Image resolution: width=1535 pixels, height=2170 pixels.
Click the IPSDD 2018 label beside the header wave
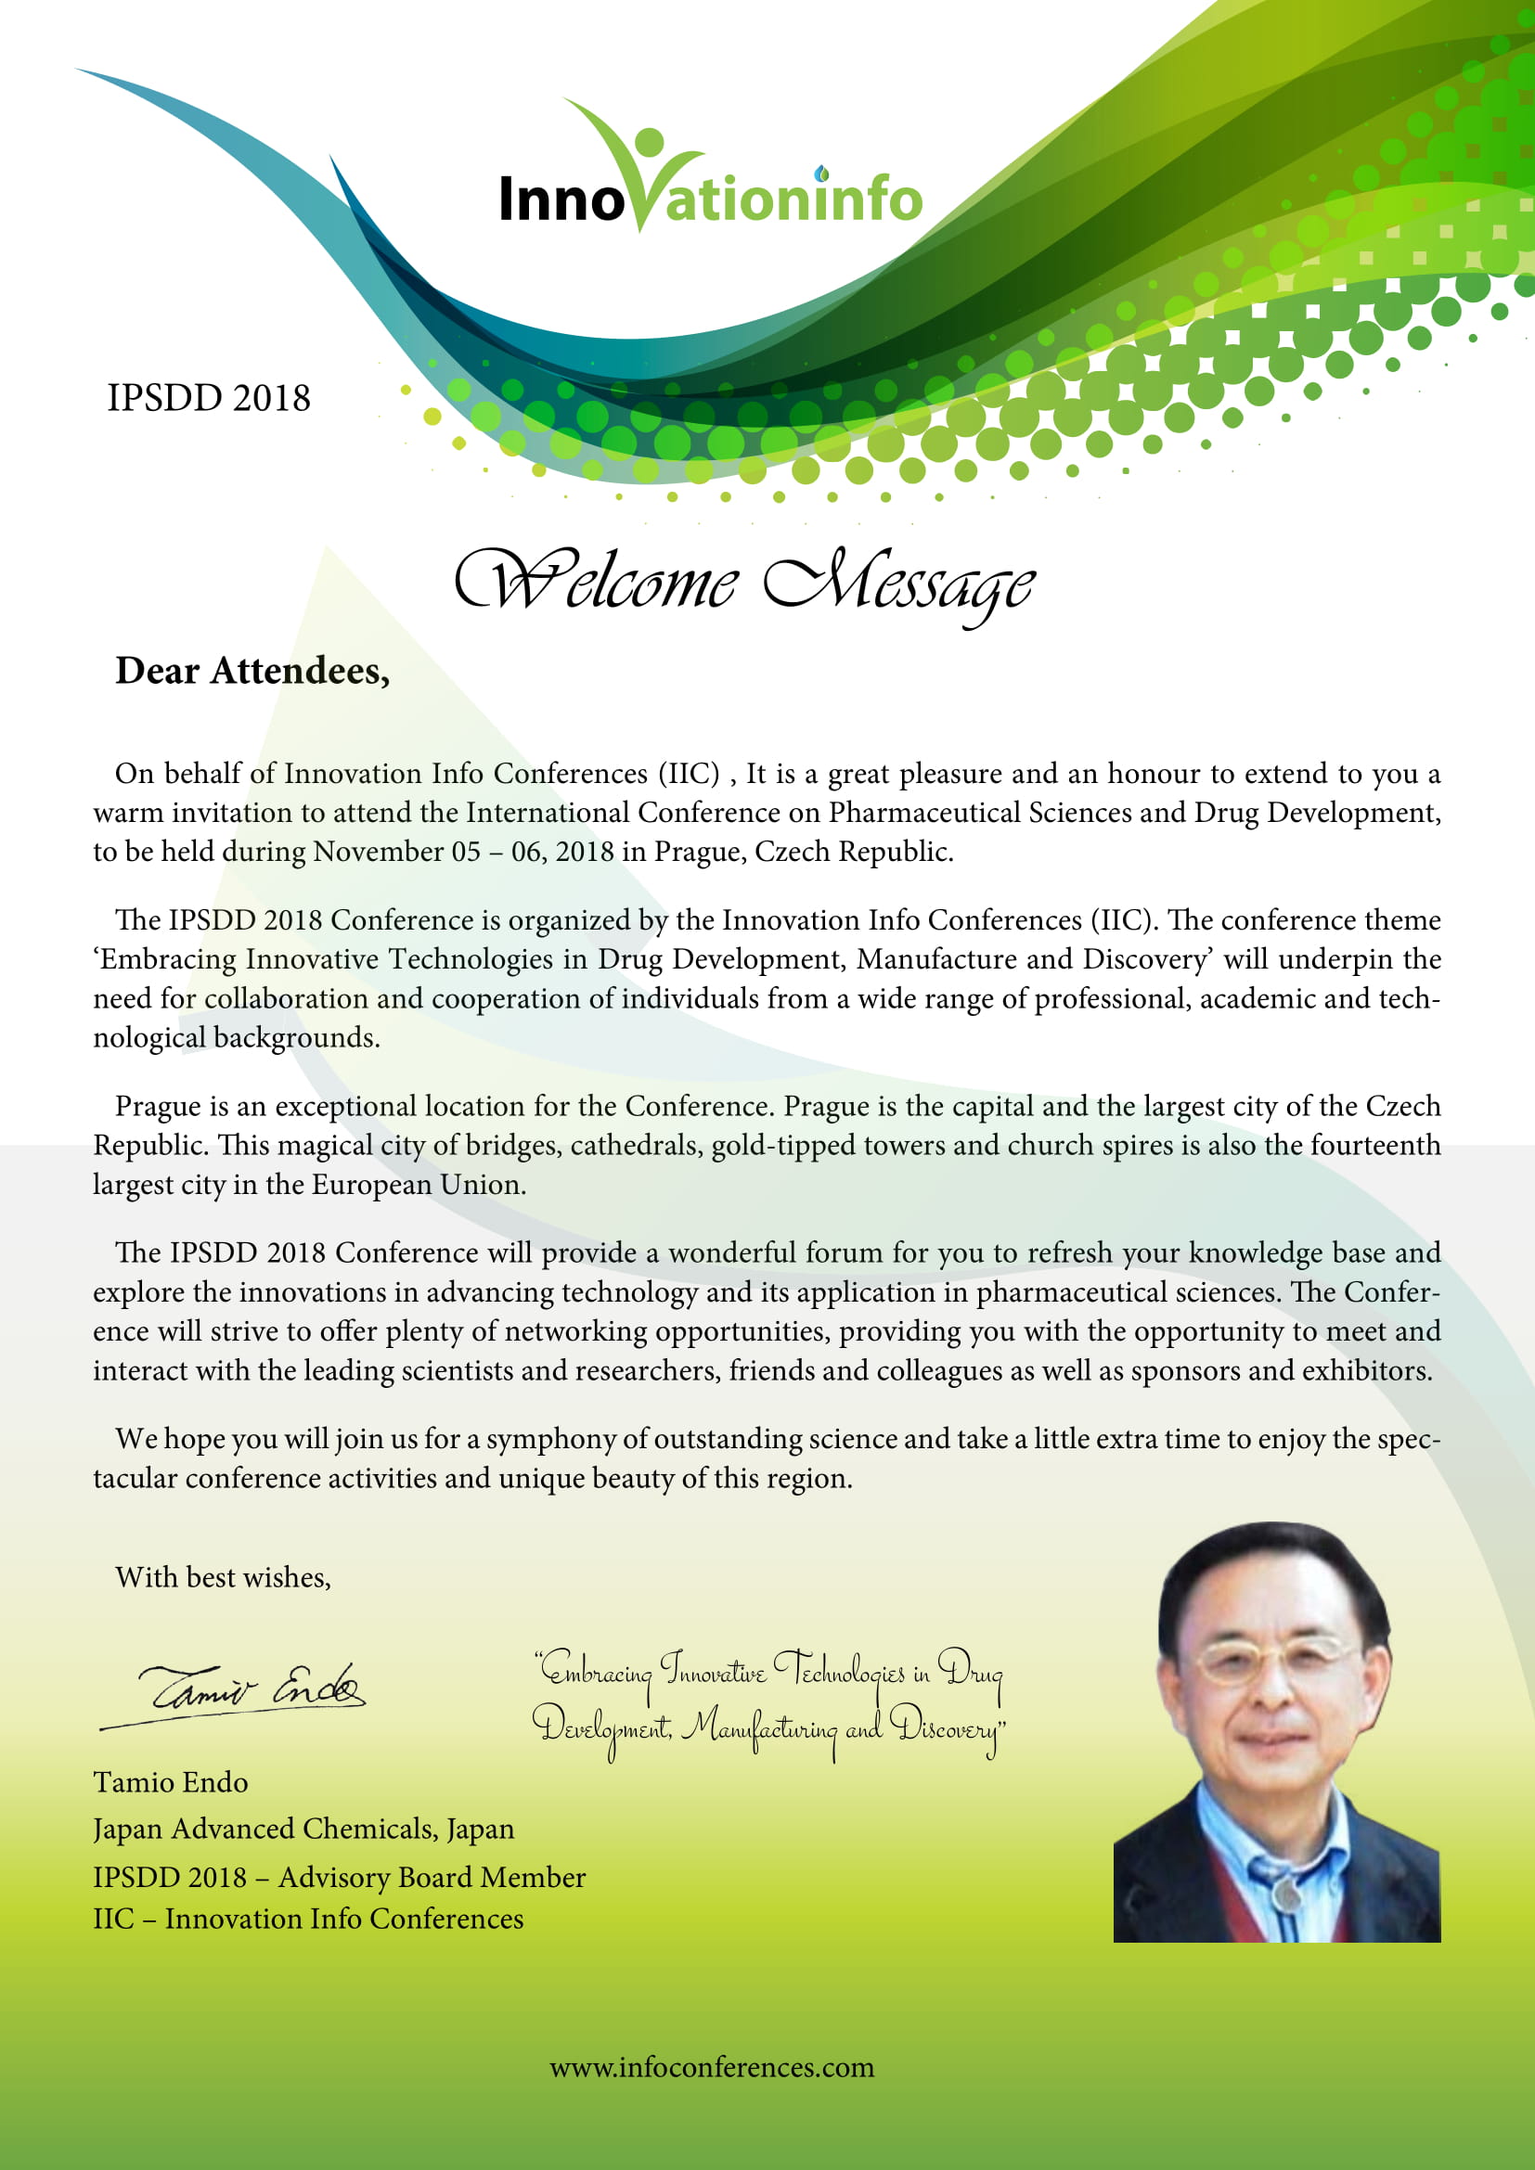[x=208, y=398]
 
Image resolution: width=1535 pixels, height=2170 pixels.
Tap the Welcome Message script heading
[x=744, y=583]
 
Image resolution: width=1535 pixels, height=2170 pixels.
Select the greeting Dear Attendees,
[x=252, y=670]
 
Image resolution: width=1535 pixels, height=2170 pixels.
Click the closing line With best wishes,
[x=223, y=1577]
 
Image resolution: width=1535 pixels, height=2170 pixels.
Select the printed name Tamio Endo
[x=170, y=1782]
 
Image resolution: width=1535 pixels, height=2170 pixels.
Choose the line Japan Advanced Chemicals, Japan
[x=303, y=1829]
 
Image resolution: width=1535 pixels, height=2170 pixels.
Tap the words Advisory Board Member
[x=432, y=1877]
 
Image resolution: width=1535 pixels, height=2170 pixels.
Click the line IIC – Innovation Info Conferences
[x=308, y=1919]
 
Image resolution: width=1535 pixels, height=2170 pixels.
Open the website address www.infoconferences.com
[x=712, y=2067]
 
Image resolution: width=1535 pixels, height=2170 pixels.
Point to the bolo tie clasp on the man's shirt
[x=1283, y=1891]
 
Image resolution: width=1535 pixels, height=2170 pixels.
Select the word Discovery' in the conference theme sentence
[x=1146, y=959]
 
